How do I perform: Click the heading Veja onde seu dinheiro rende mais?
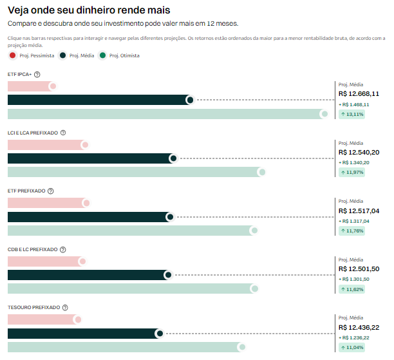[x=89, y=10]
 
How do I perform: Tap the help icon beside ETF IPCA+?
[x=37, y=75]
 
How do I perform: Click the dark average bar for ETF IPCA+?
[x=97, y=100]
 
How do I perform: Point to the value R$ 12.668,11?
[x=359, y=93]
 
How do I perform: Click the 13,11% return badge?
[x=352, y=114]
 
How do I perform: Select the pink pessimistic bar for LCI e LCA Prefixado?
[x=45, y=145]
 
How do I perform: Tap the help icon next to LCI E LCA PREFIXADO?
[x=63, y=133]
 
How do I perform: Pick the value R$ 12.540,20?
[x=359, y=152]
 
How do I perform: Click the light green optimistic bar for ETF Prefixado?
[x=129, y=231]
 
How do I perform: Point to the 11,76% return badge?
[x=352, y=231]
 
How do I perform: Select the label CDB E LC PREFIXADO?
[x=32, y=249]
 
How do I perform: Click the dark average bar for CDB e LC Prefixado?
[x=87, y=275]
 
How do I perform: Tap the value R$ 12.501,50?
[x=359, y=269]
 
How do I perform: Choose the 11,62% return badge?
[x=352, y=289]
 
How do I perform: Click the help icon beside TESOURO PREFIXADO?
[x=65, y=307]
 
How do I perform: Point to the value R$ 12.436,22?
[x=359, y=327]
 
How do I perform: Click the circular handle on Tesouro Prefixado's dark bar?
[x=159, y=334]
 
